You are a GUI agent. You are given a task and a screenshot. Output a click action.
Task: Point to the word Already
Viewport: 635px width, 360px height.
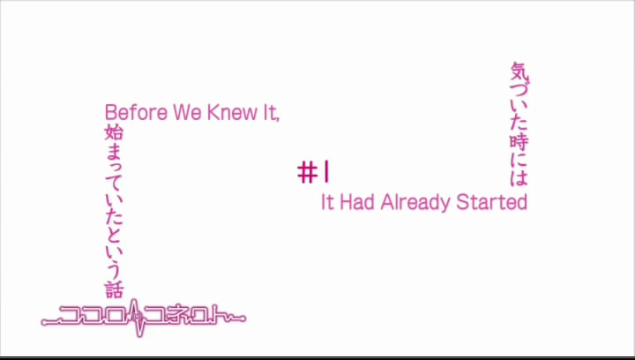(x=415, y=203)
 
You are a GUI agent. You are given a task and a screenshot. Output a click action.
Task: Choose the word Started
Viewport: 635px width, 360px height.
(x=491, y=202)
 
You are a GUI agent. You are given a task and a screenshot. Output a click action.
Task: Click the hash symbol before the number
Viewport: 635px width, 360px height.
(x=307, y=173)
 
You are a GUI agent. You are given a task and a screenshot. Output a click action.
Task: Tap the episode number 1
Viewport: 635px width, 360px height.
(x=325, y=172)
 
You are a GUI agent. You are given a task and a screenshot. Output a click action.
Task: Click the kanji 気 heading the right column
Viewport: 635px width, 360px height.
(x=519, y=71)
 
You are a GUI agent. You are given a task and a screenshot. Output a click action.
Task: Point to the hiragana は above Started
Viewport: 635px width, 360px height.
(x=519, y=177)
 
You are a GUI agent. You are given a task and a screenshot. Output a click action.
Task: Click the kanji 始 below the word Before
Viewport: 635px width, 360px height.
(x=114, y=132)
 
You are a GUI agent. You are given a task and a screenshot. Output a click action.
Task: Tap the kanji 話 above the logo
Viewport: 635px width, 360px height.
(x=114, y=289)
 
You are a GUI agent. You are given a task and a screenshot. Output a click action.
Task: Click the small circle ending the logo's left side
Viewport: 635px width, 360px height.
(x=44, y=323)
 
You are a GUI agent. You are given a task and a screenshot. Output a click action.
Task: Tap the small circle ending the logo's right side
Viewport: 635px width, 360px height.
(x=243, y=319)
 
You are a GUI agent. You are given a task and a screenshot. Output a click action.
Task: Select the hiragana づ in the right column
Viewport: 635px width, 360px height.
(x=519, y=89)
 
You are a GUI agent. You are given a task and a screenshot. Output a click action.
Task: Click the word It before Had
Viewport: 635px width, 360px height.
(x=327, y=202)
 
